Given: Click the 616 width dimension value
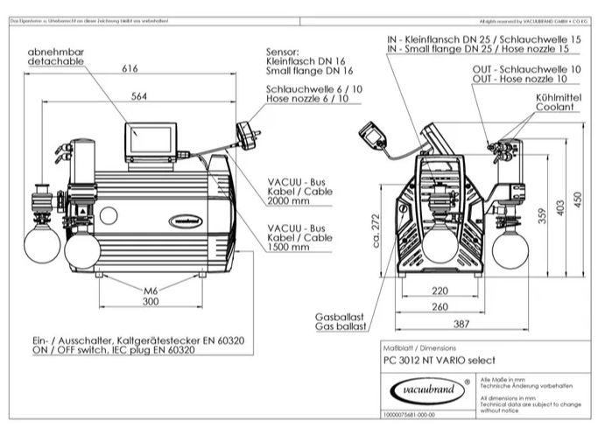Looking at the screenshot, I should [131, 67].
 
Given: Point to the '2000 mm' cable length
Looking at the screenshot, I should [290, 200].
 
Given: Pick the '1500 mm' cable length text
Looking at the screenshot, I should [290, 247].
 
